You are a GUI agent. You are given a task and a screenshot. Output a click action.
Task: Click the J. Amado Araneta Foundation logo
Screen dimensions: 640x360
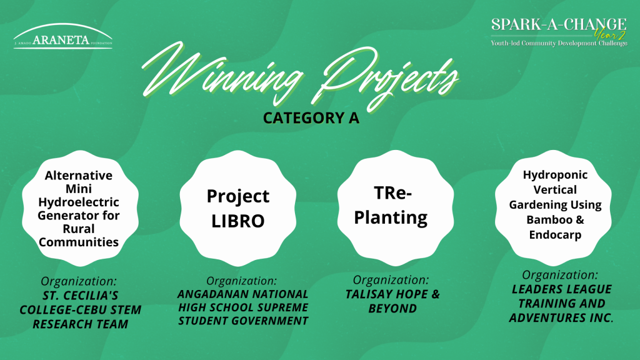point(63,36)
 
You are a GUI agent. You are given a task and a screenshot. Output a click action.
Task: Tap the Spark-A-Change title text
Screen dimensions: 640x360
point(558,24)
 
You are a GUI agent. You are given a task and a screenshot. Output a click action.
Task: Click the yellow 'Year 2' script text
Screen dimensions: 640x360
point(610,34)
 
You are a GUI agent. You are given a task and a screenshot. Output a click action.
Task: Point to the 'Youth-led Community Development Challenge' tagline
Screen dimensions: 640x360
point(559,43)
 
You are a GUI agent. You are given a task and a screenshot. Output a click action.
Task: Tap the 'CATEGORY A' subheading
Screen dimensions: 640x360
point(311,118)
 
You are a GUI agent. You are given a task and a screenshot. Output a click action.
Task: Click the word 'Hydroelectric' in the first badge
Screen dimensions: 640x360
point(78,202)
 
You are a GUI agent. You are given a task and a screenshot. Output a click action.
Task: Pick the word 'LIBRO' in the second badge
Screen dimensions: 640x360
point(238,221)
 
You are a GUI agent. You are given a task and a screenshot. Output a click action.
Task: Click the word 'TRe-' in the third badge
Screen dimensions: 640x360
point(392,193)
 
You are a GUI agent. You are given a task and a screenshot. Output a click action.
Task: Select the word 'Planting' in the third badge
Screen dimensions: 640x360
point(391,217)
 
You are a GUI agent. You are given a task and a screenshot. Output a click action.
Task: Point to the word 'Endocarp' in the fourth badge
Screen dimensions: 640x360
point(555,235)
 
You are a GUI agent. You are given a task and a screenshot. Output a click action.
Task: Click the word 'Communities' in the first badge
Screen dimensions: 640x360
point(78,242)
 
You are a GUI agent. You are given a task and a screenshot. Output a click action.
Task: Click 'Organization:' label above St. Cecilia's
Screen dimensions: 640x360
point(79,281)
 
